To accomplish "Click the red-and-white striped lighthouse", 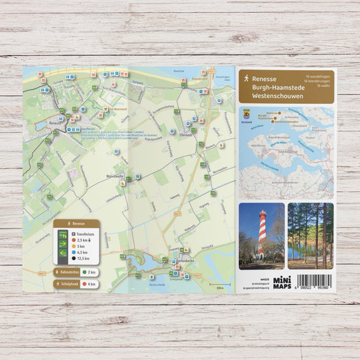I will pyautogui.click(x=262, y=234).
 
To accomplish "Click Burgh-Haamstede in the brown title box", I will pyautogui.click(x=276, y=88).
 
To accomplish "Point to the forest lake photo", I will pyautogui.click(x=310, y=232).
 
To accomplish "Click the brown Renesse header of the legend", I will pyautogui.click(x=76, y=224).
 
